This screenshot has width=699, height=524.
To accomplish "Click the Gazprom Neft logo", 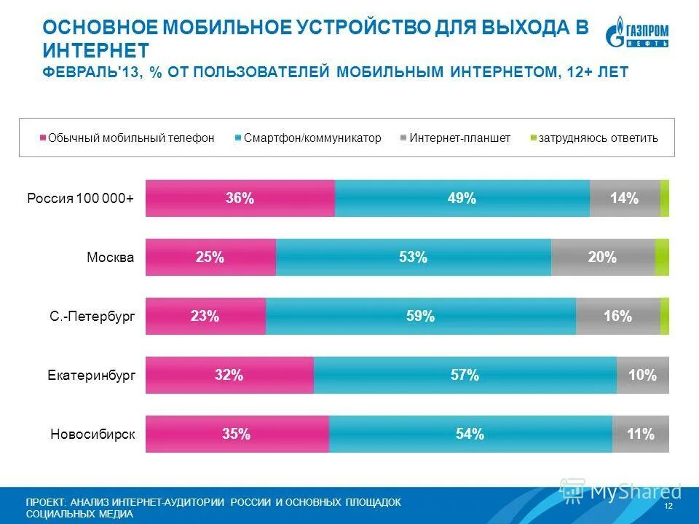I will coord(637,34).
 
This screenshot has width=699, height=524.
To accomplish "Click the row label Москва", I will coord(111,257).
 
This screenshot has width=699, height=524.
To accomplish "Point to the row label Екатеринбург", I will coord(92,376).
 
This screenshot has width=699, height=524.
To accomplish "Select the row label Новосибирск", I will coord(93,434).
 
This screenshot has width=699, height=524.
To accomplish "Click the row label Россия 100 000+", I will coord(81,198).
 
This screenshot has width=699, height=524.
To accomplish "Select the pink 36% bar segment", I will coord(240,198).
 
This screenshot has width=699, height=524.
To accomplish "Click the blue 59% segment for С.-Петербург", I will coord(420,316).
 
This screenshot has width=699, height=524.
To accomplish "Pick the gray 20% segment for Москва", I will coord(602,257).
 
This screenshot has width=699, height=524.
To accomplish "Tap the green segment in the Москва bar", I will coord(662,257).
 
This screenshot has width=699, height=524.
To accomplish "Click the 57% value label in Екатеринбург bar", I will coord(465,375).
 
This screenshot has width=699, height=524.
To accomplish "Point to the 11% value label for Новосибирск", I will coord(640,434).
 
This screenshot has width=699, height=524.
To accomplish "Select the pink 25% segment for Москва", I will coord(210,257).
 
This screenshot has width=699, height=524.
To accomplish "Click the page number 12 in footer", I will coord(668,506).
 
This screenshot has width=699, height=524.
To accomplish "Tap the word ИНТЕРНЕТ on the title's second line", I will coord(95,50).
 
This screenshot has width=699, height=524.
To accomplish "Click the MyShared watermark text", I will coord(635,491).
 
